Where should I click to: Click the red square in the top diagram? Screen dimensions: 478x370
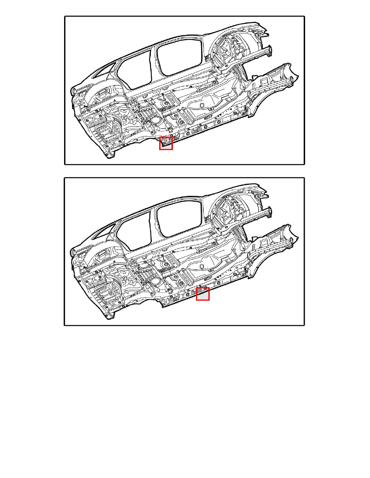coord(166,143)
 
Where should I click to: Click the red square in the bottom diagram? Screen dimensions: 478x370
coord(203,294)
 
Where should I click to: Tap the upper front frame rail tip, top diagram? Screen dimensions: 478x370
coord(268,50)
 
